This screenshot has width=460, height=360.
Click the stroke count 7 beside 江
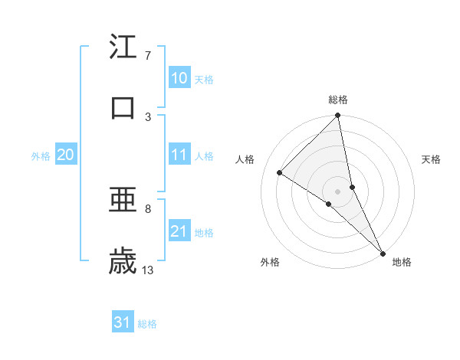[147, 56]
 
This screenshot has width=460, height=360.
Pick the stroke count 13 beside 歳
[148, 270]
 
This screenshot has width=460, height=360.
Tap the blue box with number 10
[179, 78]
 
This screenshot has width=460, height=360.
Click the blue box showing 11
[179, 155]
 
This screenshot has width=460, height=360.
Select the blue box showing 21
[179, 231]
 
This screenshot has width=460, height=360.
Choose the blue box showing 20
[66, 155]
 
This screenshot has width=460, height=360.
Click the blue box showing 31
[123, 323]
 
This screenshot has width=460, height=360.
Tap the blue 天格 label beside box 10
[204, 79]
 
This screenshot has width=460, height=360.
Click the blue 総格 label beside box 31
[147, 324]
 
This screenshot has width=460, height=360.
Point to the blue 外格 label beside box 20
[41, 155]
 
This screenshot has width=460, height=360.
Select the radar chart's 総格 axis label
[338, 100]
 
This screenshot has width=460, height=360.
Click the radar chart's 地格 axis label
[402, 262]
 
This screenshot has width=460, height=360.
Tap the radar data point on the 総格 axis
[338, 116]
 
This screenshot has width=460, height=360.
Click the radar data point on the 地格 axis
[383, 252]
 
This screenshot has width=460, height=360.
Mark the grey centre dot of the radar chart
[338, 191]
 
